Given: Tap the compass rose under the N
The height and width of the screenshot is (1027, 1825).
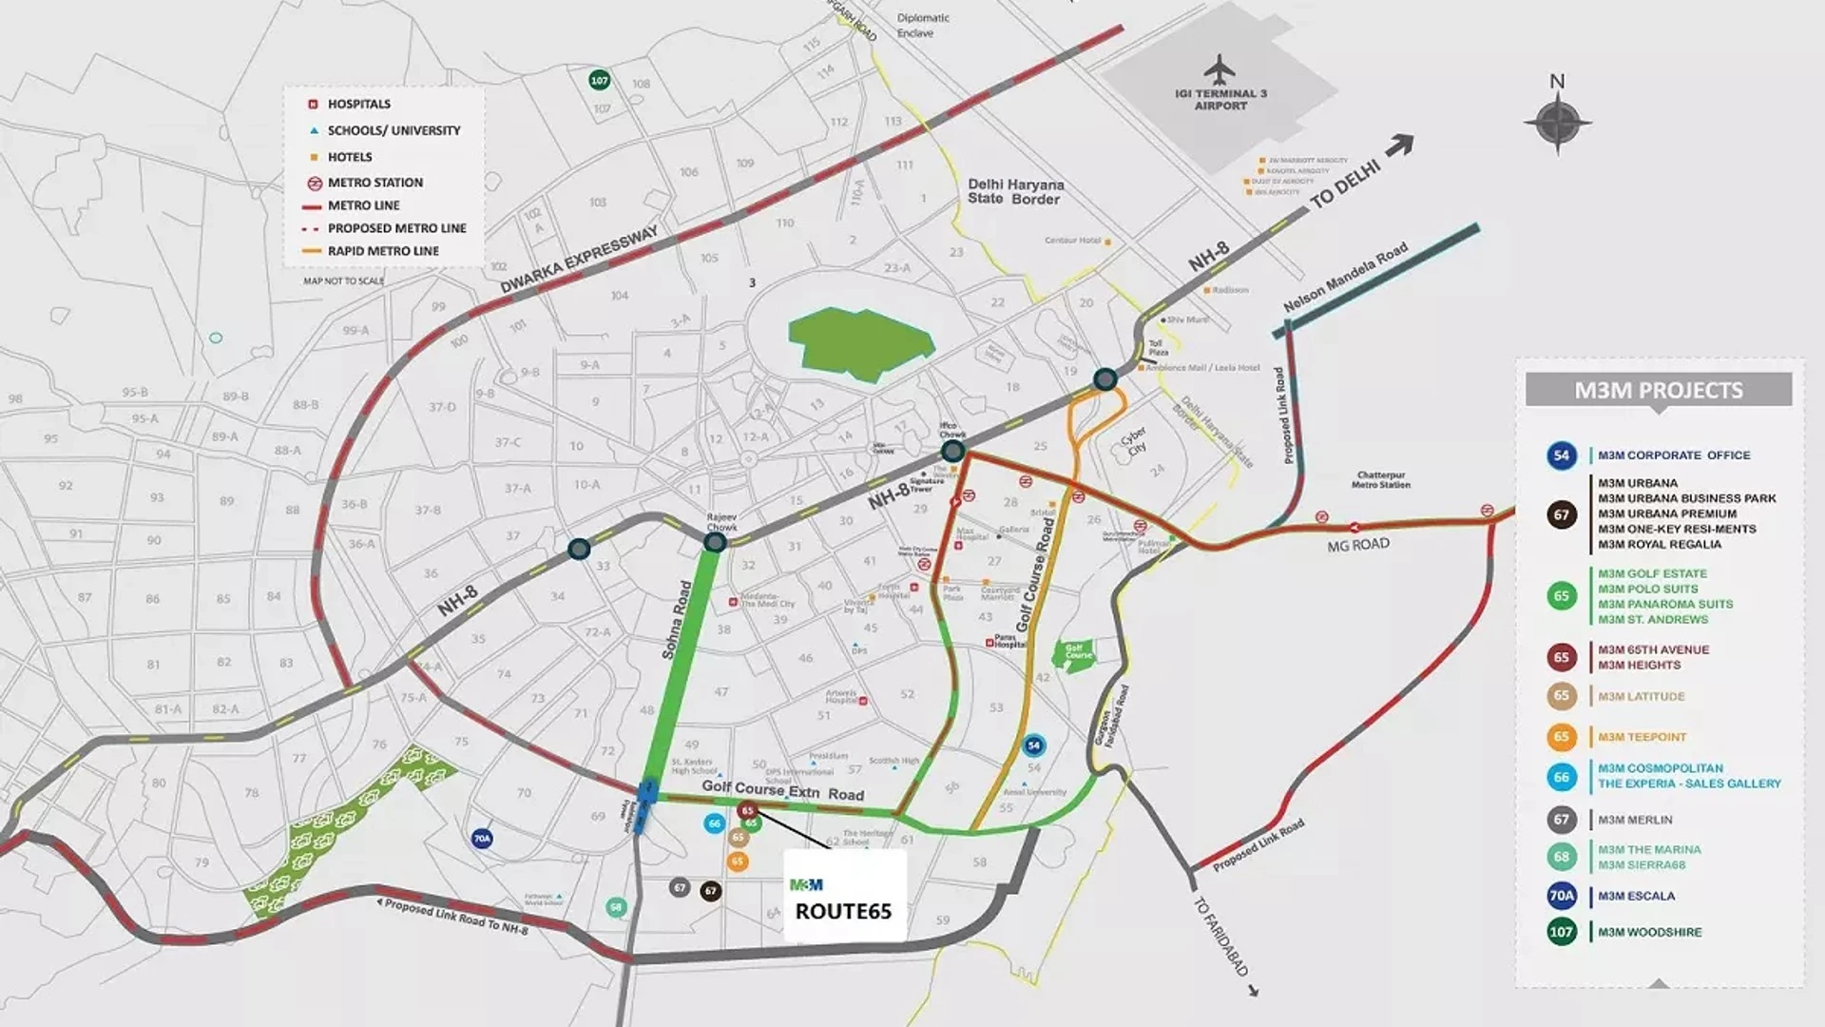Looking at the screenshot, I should (x=1557, y=123).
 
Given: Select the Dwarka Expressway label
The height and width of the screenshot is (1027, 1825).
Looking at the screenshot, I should (x=579, y=260).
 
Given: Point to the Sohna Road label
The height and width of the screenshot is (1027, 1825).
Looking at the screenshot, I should (x=678, y=619).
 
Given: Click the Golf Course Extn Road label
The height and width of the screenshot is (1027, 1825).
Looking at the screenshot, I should (x=782, y=790).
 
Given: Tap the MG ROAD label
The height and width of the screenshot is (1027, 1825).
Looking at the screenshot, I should (x=1358, y=545).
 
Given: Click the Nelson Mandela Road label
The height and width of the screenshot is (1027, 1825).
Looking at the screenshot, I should (x=1345, y=278).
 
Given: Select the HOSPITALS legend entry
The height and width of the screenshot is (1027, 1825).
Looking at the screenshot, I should (x=358, y=104).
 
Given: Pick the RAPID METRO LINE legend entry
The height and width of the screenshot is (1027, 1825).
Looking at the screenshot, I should (x=383, y=251).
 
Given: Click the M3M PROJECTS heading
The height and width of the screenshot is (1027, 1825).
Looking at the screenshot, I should (x=1658, y=390).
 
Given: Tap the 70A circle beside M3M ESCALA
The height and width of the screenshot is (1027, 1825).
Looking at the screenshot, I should (x=1561, y=896).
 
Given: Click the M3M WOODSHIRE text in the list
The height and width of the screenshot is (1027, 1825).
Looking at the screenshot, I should (x=1649, y=932).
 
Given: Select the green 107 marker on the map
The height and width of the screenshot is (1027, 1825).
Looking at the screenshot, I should (x=599, y=81).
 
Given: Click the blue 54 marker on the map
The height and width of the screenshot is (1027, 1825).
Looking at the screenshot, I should (x=1034, y=746).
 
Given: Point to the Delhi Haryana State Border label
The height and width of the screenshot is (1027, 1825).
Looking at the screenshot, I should (x=1015, y=191).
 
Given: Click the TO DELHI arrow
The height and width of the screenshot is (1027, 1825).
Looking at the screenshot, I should (x=1399, y=145).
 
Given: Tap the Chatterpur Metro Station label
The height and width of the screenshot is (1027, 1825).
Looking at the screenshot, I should (x=1380, y=479).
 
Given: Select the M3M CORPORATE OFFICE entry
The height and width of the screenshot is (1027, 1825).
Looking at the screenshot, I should (x=1673, y=455).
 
